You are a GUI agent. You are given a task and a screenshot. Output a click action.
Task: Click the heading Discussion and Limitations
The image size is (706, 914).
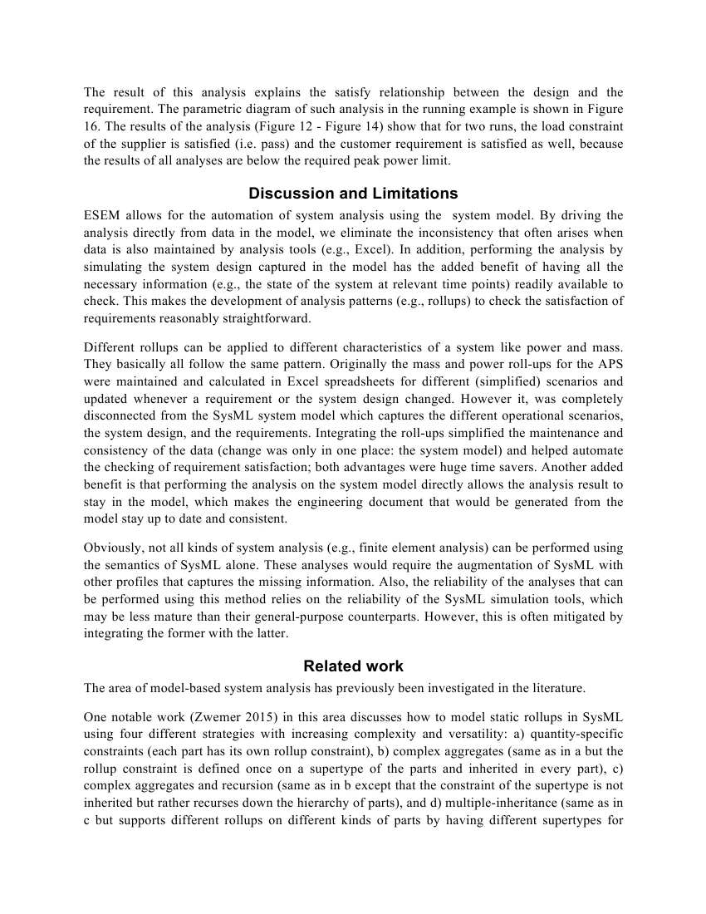click(x=353, y=194)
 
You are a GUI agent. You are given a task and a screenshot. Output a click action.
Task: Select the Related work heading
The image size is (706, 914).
click(x=353, y=666)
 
